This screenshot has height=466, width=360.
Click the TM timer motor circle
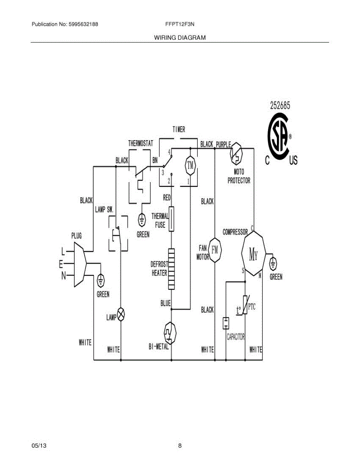coord(190,165)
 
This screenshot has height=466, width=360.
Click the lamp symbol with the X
coord(121,314)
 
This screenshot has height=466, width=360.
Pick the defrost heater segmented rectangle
coord(171,269)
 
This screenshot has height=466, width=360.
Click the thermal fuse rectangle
coord(171,219)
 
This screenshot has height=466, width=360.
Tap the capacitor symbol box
coord(226,323)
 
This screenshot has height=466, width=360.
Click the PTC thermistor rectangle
coord(245,306)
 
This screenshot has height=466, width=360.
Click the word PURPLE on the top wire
coord(223,144)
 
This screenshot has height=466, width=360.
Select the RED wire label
coord(167,198)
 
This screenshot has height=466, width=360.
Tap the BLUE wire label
coord(165,304)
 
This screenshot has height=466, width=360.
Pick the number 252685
coord(280,105)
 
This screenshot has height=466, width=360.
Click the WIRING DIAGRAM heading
coord(180,38)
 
